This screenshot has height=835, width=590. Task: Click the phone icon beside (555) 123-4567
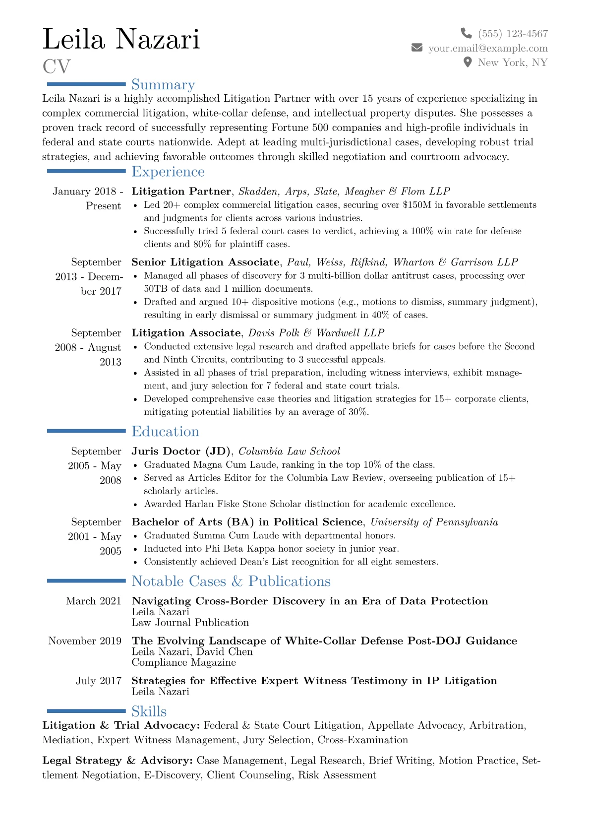[x=466, y=33]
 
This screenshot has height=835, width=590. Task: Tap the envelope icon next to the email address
[x=417, y=48]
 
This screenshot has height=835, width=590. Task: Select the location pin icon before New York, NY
[x=467, y=62]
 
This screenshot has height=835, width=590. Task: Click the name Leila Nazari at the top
[x=121, y=39]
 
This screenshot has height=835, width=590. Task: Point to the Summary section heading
[x=163, y=85]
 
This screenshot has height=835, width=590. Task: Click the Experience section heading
[x=168, y=172]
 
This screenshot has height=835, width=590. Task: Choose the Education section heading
[x=165, y=432]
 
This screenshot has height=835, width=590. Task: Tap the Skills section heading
[x=149, y=711]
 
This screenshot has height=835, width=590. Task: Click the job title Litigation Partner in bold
[x=181, y=192]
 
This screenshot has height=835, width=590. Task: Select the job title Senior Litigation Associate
[x=205, y=262]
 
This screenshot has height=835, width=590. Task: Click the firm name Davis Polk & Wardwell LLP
[x=316, y=333]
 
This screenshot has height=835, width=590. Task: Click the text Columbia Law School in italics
[x=289, y=451]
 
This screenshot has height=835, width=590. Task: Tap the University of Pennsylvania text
[x=434, y=522]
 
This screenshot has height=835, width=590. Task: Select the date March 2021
[x=93, y=601]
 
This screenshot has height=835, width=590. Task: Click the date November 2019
[x=85, y=641]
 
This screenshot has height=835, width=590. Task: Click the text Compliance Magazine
[x=183, y=663]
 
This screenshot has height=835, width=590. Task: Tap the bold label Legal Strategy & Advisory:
[x=118, y=761]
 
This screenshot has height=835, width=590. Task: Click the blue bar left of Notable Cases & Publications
[x=86, y=580]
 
